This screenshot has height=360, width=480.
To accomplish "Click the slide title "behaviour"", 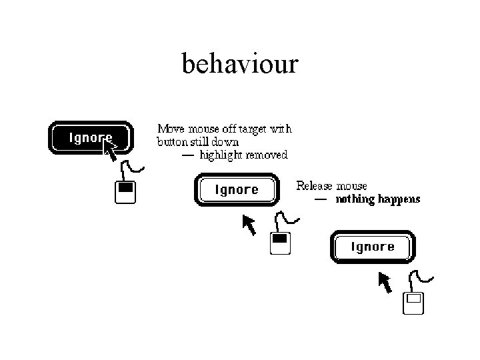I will click(240, 65).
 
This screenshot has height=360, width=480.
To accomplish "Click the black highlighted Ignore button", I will click(90, 138).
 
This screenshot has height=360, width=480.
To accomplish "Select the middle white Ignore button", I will click(236, 190).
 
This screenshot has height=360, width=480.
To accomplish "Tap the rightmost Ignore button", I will click(373, 247).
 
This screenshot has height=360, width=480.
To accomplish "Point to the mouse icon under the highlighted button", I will click(125, 192).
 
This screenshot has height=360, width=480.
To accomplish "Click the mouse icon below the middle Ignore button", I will click(281, 243).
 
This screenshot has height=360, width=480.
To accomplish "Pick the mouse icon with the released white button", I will click(414, 303).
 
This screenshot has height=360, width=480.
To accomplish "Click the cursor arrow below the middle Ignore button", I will click(249, 225).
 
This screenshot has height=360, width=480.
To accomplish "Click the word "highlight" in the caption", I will click(221, 155).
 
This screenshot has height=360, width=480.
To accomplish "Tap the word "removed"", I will click(267, 155).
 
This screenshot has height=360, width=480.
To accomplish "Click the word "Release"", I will click(315, 185).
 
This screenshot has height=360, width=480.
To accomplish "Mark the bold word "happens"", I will click(399, 199).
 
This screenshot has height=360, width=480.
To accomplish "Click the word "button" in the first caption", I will click(171, 141).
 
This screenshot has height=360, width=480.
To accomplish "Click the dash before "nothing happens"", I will click(321, 199).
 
